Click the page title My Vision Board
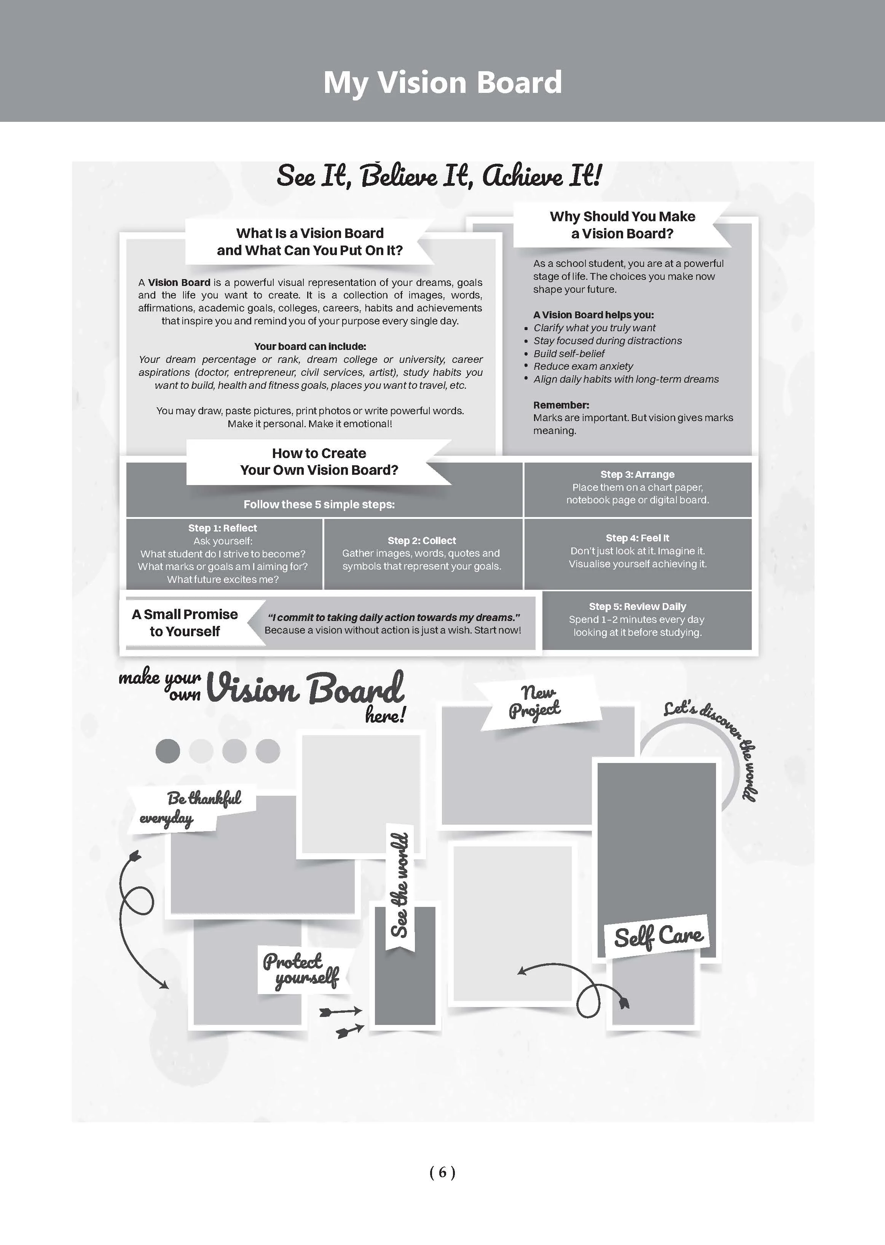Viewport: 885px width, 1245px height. pyautogui.click(x=442, y=83)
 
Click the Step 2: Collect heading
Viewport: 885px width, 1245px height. pyautogui.click(x=422, y=541)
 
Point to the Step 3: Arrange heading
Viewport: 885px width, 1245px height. pyautogui.click(x=637, y=475)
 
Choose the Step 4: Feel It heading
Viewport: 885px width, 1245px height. pyautogui.click(x=637, y=538)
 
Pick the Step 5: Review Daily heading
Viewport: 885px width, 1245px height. pyautogui.click(x=637, y=607)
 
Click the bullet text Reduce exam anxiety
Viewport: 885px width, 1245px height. pyautogui.click(x=583, y=366)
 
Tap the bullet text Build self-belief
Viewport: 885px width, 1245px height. pyautogui.click(x=569, y=354)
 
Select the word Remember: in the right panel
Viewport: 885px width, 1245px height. pyautogui.click(x=561, y=405)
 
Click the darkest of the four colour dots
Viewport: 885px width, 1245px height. pyautogui.click(x=168, y=751)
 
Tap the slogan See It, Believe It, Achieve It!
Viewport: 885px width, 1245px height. pyautogui.click(x=439, y=176)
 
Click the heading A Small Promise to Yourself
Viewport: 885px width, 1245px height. pyautogui.click(x=185, y=623)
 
